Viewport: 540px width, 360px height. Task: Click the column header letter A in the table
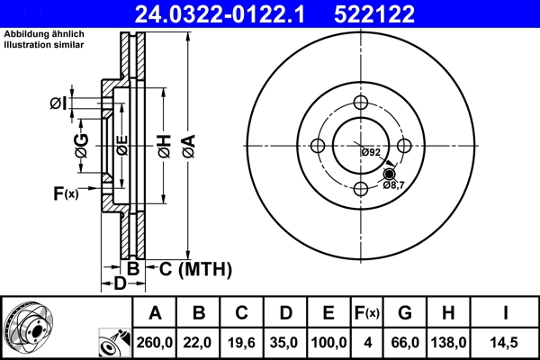pos(156,313)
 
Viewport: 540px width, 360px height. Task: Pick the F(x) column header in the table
pos(366,313)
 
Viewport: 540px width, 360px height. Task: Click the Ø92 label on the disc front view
pos(371,152)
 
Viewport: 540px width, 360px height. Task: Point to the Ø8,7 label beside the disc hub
pos(394,184)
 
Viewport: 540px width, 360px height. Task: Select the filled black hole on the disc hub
pos(389,173)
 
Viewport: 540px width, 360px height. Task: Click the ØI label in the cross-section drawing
pos(58,103)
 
